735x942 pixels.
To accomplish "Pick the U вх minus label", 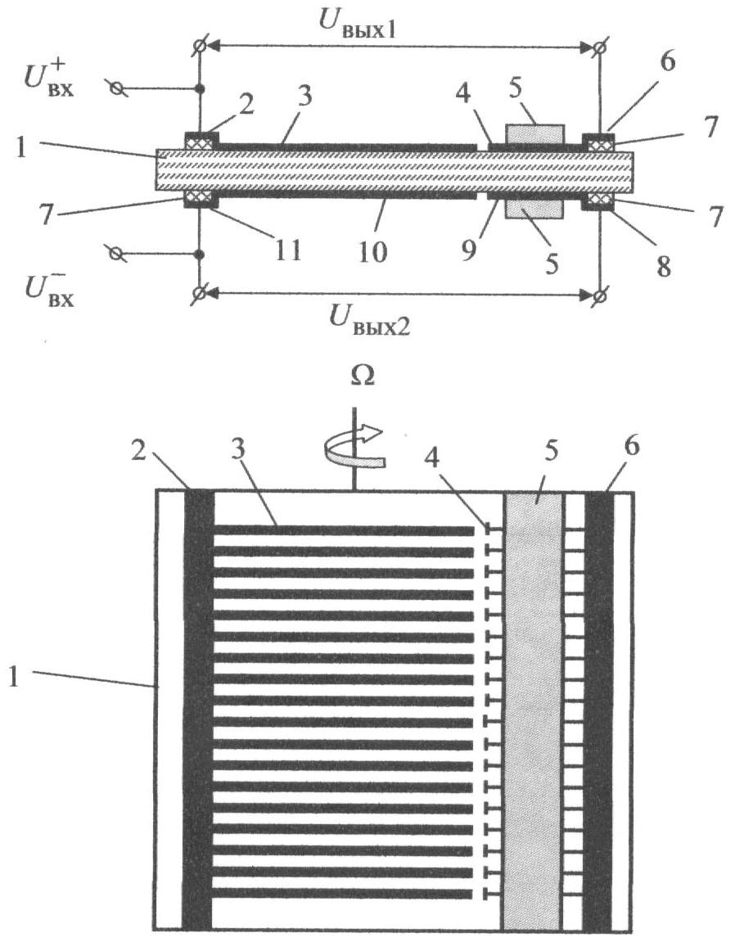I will click(49, 289).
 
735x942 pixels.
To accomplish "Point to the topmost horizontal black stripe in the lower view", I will click(344, 530).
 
